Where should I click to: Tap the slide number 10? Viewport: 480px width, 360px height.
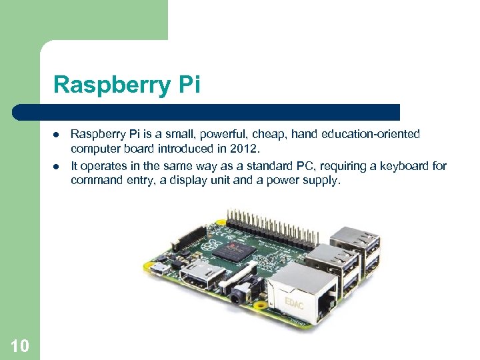[x=20, y=345]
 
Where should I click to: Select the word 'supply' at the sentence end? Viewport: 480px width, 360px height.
[x=322, y=180]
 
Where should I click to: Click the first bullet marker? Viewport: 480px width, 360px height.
[x=56, y=135]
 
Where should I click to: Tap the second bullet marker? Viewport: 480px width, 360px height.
[x=56, y=167]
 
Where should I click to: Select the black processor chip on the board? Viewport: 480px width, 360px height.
[x=239, y=252]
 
